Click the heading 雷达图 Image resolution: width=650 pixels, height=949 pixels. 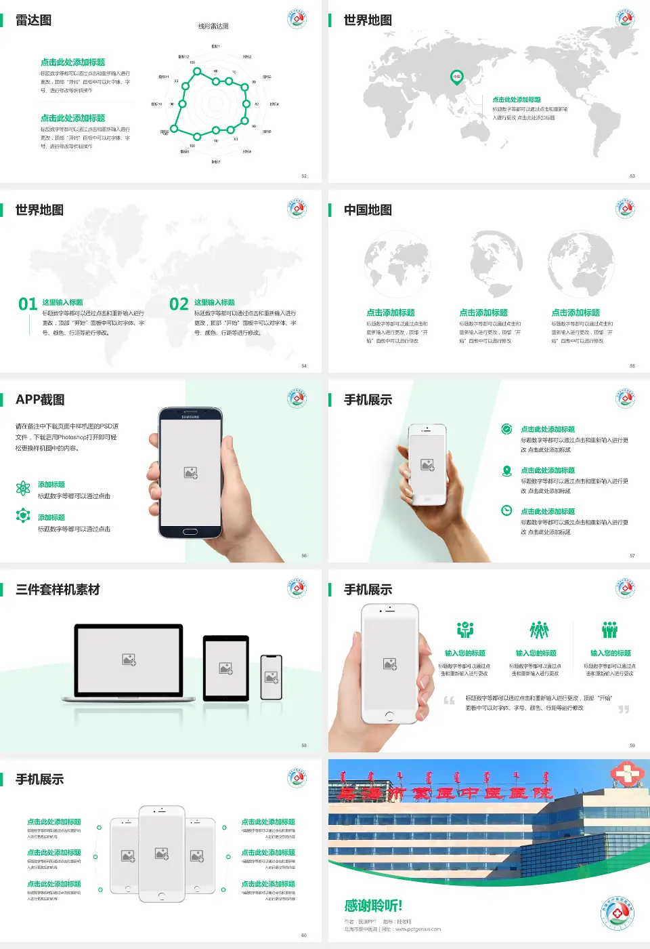coord(33,20)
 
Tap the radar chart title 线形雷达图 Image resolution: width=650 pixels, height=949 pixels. coord(213,26)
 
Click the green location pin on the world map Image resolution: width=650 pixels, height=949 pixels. coord(456,77)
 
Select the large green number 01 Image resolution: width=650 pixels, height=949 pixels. coord(28,304)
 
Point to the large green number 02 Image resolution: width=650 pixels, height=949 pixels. coord(179,304)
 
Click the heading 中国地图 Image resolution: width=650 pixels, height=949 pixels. coord(368,210)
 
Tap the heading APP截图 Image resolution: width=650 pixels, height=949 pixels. coord(40,400)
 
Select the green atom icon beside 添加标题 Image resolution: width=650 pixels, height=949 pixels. coord(23,488)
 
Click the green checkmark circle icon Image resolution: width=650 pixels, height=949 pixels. coord(506,429)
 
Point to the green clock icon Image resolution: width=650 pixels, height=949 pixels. coord(506,510)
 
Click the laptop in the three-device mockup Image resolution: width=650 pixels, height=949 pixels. coord(129,662)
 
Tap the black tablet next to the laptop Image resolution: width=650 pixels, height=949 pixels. coord(226,668)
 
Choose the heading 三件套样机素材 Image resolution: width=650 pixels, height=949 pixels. coord(58,590)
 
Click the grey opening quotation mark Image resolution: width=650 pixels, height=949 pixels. coord(449,700)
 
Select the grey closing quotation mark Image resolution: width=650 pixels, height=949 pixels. coord(624,709)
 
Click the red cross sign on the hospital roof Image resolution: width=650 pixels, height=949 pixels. coord(627,773)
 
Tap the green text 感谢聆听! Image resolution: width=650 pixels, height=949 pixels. coord(373,906)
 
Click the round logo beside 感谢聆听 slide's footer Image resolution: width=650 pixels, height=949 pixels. coord(617,914)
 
